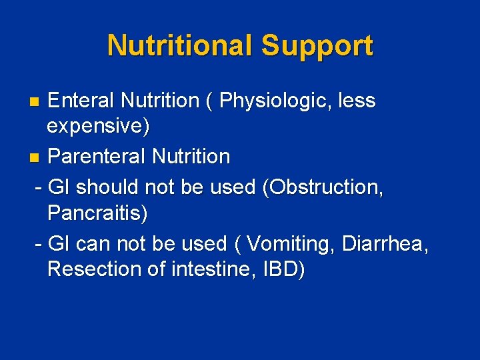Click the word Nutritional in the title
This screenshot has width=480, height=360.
[180, 46]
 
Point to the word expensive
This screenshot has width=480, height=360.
[96, 127]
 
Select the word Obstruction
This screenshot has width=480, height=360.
[323, 188]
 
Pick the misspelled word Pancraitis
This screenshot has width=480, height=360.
[96, 213]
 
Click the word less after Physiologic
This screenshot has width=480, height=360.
[357, 101]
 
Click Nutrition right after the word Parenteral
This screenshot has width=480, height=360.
[191, 157]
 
